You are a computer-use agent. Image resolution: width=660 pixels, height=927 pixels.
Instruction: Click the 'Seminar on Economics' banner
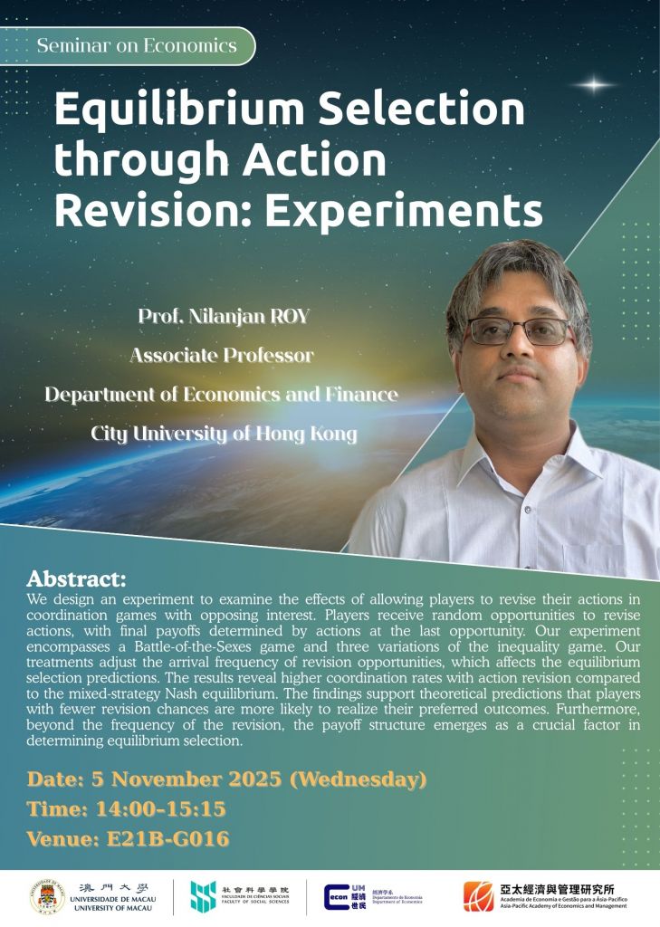pyautogui.click(x=137, y=45)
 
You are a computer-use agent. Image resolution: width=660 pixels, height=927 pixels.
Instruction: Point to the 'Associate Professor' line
pyautogui.click(x=222, y=356)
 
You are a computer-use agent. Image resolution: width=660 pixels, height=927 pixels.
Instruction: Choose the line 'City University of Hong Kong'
pyautogui.click(x=224, y=434)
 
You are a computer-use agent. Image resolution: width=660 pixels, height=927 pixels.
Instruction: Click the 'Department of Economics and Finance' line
pyautogui.click(x=222, y=395)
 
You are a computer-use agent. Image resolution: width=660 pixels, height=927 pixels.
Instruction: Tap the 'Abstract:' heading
pyautogui.click(x=76, y=579)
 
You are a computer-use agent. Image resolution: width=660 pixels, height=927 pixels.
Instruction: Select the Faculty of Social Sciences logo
pyautogui.click(x=203, y=895)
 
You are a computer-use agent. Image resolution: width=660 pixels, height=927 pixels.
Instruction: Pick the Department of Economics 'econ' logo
pyautogui.click(x=340, y=896)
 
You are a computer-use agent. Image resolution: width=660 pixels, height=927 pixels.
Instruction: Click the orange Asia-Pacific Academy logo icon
pyautogui.click(x=478, y=895)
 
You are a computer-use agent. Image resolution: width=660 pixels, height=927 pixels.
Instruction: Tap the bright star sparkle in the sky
pyautogui.click(x=595, y=85)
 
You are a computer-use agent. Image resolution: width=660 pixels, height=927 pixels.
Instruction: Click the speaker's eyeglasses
pyautogui.click(x=519, y=330)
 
